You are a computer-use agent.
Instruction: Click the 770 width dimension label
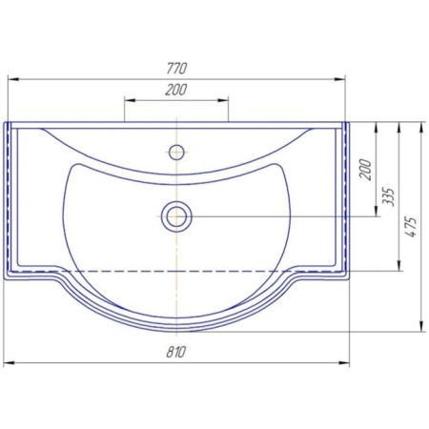click(x=176, y=69)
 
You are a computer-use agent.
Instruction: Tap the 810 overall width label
click(x=175, y=352)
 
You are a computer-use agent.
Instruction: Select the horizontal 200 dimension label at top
click(x=175, y=90)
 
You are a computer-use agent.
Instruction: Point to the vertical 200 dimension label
click(x=366, y=170)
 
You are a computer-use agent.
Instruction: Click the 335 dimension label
click(x=389, y=197)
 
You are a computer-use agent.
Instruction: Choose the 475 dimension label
click(x=411, y=227)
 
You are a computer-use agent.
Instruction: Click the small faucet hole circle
click(x=176, y=152)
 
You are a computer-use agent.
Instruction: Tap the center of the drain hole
click(x=176, y=216)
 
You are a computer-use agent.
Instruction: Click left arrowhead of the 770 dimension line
click(x=13, y=79)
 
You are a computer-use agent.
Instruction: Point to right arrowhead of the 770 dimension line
click(x=339, y=79)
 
